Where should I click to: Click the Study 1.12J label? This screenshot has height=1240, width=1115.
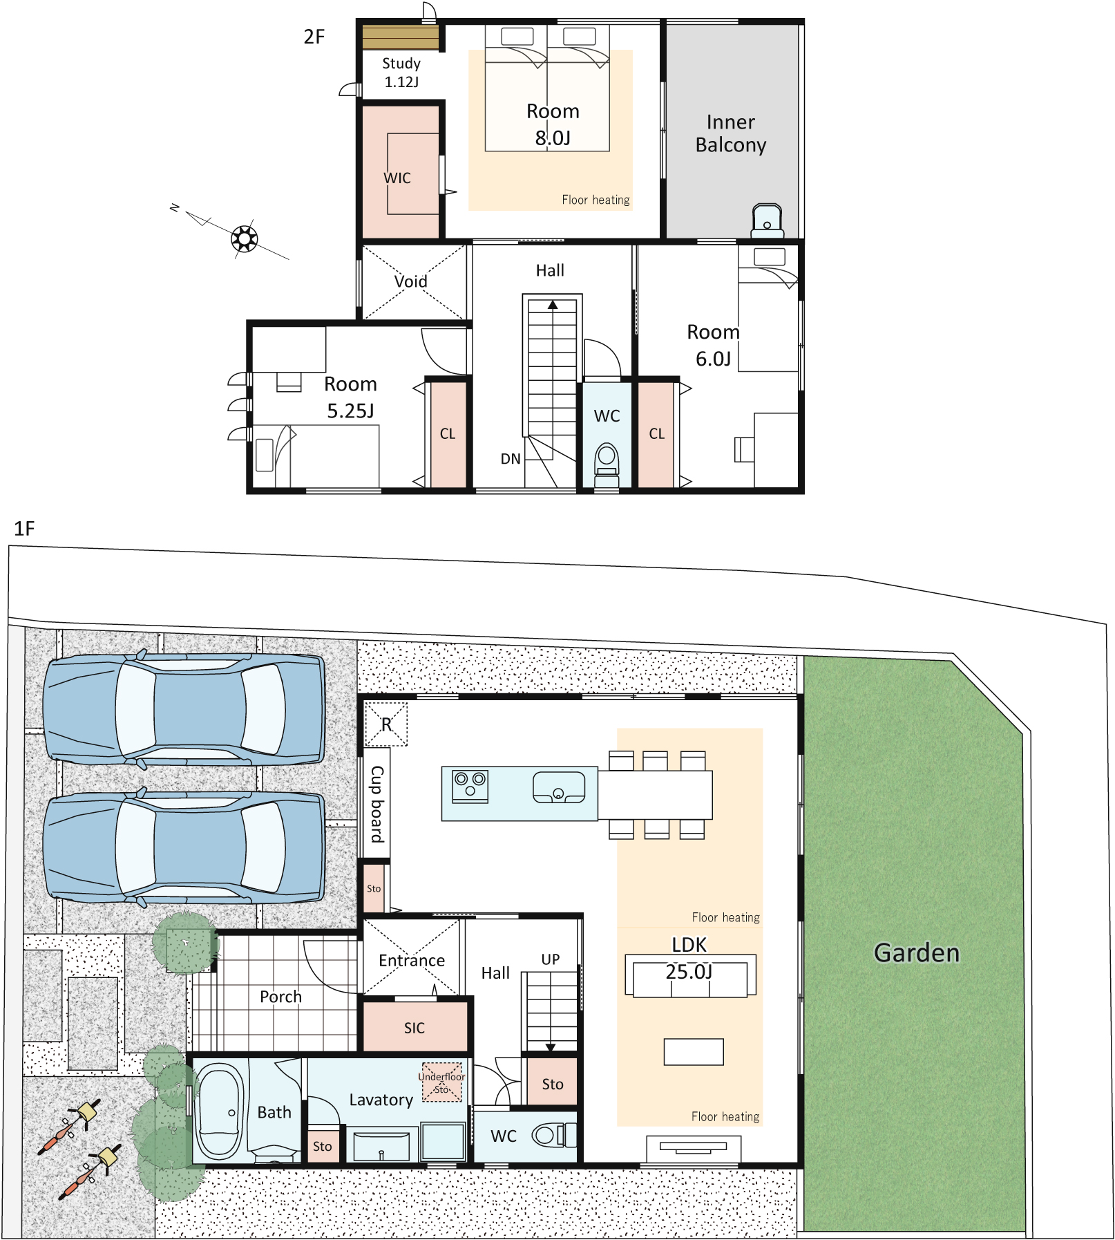tap(401, 73)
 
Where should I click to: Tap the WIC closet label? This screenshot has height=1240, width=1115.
tap(397, 178)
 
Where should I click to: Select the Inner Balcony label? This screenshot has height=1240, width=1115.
tap(731, 133)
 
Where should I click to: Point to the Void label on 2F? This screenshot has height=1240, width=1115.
tap(411, 281)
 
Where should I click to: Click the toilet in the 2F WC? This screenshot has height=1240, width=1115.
tap(607, 462)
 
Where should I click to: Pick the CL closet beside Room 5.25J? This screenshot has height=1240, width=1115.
tap(448, 434)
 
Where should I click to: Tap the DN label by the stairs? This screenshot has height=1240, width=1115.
tap(511, 459)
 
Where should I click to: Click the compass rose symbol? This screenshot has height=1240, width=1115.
tap(244, 238)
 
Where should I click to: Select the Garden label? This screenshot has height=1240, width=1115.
tap(917, 952)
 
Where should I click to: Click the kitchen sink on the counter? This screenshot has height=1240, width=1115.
tap(559, 787)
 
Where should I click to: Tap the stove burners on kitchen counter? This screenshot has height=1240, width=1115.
tap(470, 786)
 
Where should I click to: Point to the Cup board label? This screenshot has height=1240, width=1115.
tap(377, 804)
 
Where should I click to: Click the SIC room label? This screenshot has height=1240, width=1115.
tap(414, 1028)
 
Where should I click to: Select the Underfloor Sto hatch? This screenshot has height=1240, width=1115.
tap(441, 1082)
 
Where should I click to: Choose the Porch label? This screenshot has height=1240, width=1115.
tap(281, 997)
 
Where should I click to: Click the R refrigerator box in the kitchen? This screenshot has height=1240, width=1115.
tap(386, 724)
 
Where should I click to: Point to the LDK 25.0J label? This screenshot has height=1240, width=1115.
tap(689, 959)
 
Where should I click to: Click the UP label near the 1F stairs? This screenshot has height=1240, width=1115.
tap(551, 959)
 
